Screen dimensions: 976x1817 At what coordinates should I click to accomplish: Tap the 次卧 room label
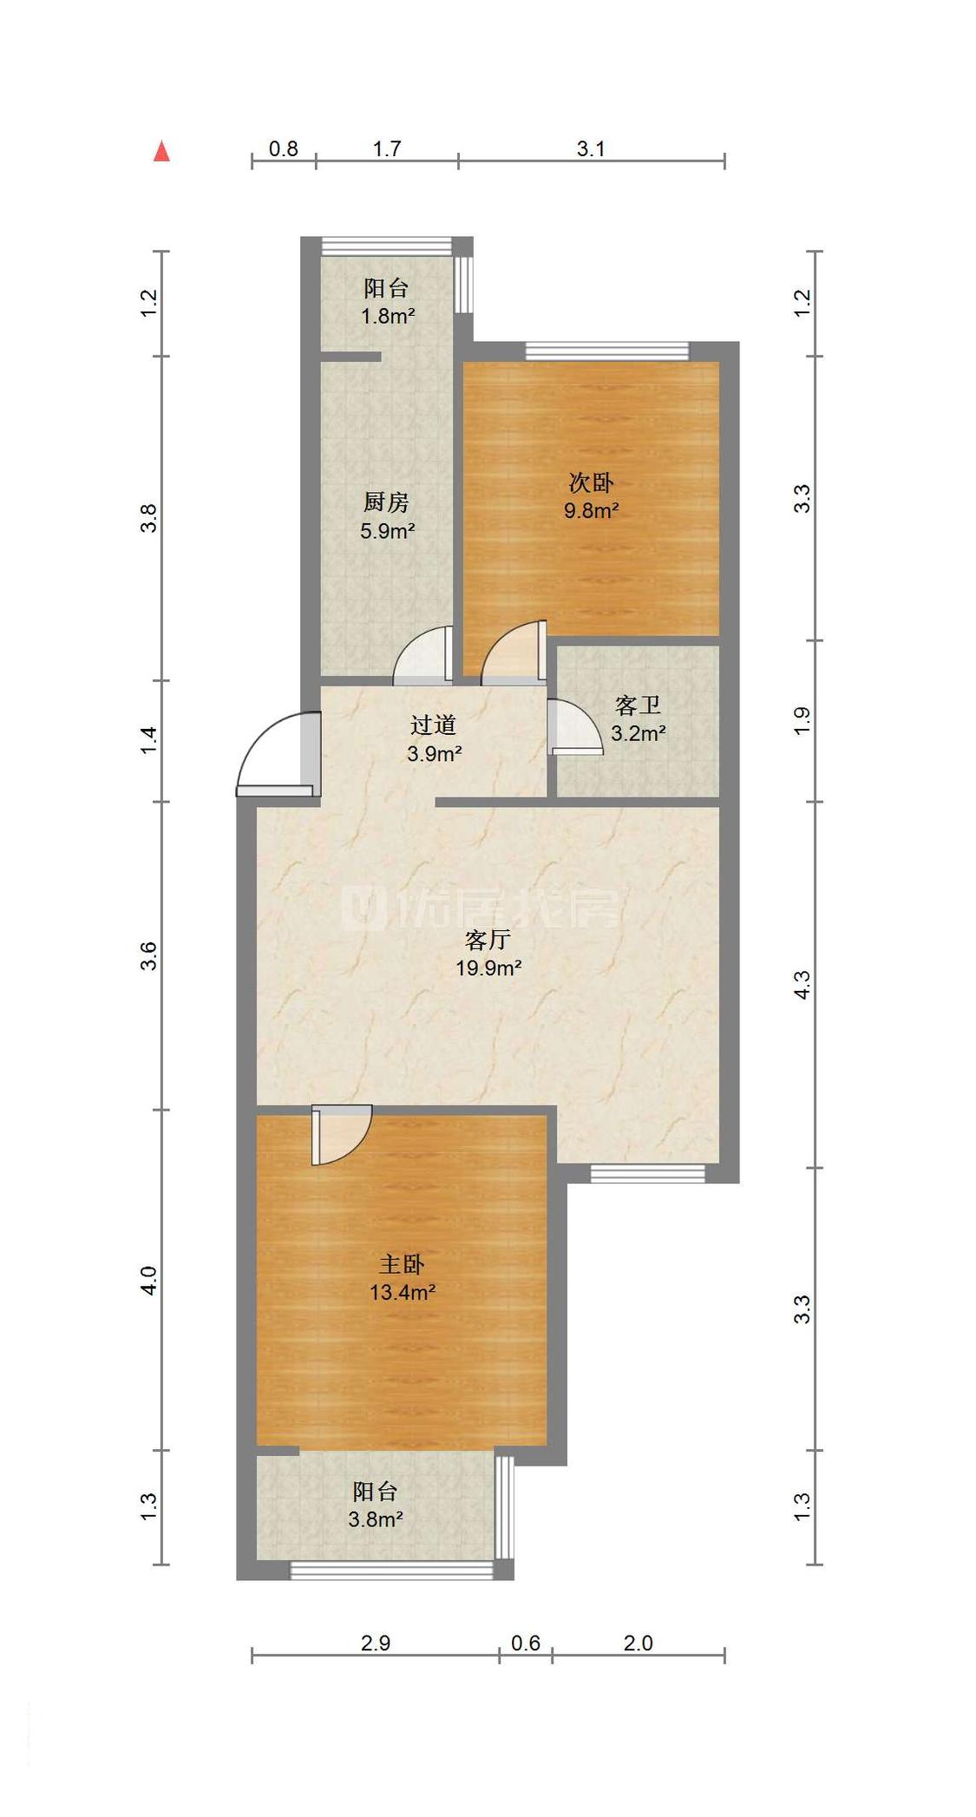[x=591, y=482]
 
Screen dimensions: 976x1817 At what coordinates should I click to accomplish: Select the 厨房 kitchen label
[x=386, y=502]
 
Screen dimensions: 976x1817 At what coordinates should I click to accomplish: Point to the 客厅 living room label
[x=488, y=940]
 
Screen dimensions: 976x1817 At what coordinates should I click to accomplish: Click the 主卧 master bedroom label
[x=402, y=1264]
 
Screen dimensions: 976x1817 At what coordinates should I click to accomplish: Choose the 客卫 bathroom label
[x=638, y=705]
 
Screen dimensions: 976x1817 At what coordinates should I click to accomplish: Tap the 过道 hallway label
[x=433, y=725]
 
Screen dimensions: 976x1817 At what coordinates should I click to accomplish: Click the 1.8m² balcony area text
[x=388, y=316]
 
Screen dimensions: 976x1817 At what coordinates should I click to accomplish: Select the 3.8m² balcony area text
[x=376, y=1519]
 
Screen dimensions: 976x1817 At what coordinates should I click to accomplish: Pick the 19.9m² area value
[x=488, y=968]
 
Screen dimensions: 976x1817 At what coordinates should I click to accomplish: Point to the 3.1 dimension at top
[x=591, y=149]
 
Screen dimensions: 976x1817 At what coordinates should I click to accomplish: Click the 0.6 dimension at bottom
[x=526, y=1643]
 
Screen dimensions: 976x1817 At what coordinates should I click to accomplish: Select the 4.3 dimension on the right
[x=802, y=985]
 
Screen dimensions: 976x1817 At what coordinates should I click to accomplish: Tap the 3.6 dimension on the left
[x=149, y=955]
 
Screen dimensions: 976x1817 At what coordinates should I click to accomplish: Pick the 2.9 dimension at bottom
[x=376, y=1643]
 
